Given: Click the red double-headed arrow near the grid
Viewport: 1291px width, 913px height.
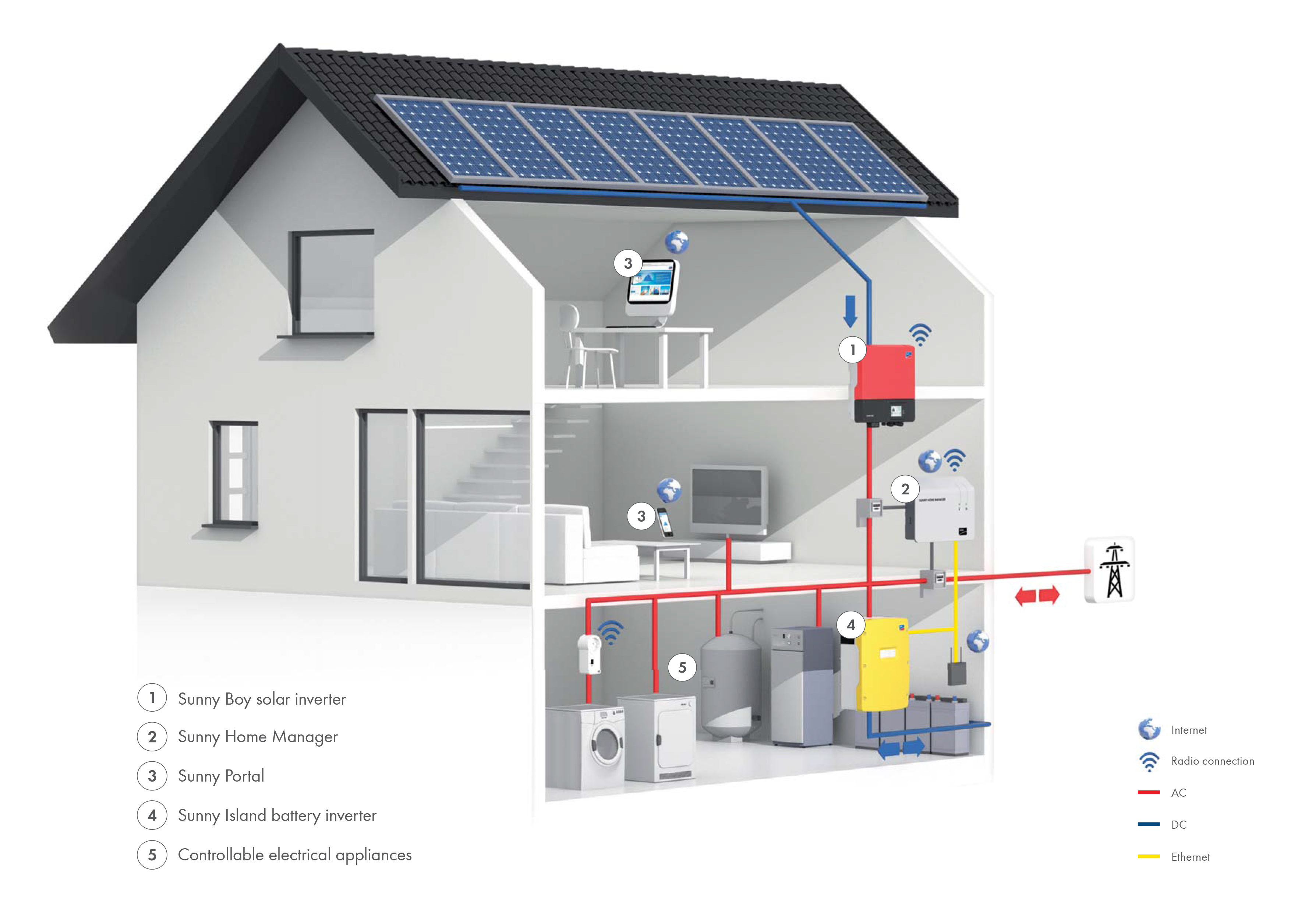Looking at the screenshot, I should [x=1037, y=596].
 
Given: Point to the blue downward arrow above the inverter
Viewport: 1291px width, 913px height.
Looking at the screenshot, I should [x=850, y=311].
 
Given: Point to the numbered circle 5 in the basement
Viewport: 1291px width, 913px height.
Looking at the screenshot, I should [x=682, y=668].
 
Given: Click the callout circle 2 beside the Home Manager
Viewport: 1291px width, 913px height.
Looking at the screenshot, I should [x=905, y=489].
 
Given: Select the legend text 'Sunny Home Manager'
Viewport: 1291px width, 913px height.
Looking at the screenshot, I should [x=258, y=737].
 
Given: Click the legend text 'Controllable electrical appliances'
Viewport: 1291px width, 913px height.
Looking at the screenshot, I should [x=295, y=855].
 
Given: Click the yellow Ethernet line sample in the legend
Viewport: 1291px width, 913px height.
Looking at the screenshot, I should [x=1148, y=856].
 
